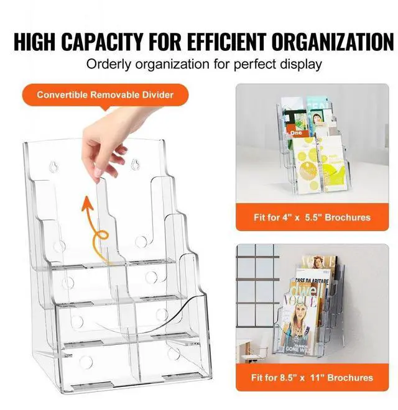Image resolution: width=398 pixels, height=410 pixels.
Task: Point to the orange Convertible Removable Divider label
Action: pos(104,95)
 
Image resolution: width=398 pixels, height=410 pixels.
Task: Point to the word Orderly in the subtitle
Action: pos(107,64)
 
